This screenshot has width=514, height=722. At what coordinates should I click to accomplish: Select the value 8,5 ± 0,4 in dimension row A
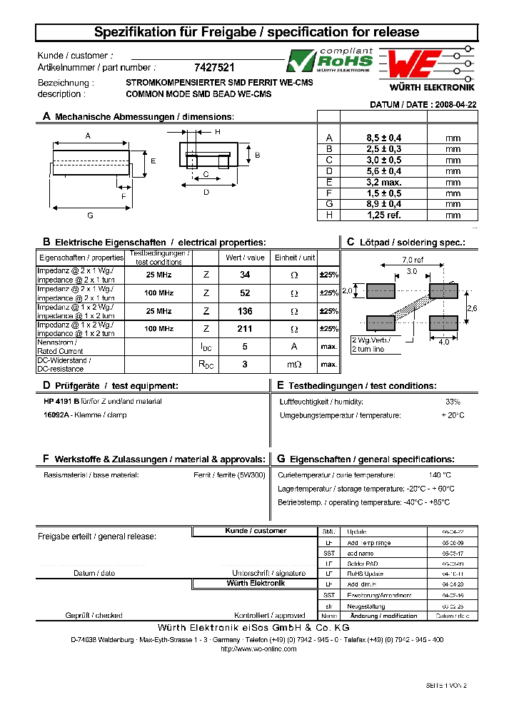pos(383,138)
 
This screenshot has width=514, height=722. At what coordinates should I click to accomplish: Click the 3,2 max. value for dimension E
pos(383,182)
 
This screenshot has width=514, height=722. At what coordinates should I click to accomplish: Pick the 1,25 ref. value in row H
pos(383,215)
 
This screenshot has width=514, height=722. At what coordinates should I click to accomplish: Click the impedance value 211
pos(245,329)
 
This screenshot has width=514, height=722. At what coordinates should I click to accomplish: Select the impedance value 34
pos(245,274)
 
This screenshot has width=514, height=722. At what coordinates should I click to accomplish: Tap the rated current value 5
pos(245,347)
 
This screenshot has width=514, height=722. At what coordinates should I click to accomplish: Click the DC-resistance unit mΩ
pos(293,365)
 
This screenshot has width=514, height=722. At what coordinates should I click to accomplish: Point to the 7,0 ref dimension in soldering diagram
pos(413,260)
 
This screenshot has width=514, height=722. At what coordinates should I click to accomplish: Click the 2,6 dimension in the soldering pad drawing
pos(472,307)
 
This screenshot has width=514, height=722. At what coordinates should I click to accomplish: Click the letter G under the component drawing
pos(90,215)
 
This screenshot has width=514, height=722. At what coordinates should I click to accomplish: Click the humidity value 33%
pos(453,402)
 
